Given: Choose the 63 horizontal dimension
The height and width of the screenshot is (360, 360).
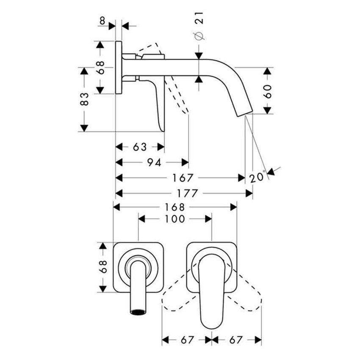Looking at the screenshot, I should (x=140, y=147).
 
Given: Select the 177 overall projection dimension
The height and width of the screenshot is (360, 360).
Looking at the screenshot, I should (x=185, y=194).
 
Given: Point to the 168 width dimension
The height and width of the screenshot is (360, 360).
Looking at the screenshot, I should (x=174, y=207).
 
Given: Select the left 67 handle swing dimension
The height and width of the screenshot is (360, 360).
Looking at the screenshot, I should (x=187, y=340).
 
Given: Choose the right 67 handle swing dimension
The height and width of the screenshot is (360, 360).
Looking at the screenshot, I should (x=237, y=340).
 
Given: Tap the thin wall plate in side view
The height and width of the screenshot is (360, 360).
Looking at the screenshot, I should (x=119, y=68).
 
